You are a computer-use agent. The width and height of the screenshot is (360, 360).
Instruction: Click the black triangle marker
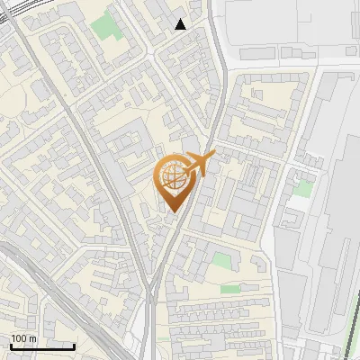point(181,24)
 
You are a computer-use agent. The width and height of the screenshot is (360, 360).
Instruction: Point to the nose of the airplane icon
point(214,157)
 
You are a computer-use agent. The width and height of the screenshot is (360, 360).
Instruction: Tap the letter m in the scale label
point(32,338)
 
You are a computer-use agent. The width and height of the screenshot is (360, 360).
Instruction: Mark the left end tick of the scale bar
point(11,346)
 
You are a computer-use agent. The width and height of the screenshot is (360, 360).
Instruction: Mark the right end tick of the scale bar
point(74,346)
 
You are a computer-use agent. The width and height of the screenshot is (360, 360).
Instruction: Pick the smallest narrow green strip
point(231,290)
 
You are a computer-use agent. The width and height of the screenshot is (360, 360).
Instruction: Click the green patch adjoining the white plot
point(304,188)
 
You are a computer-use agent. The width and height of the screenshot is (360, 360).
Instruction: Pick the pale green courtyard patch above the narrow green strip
point(222,261)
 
